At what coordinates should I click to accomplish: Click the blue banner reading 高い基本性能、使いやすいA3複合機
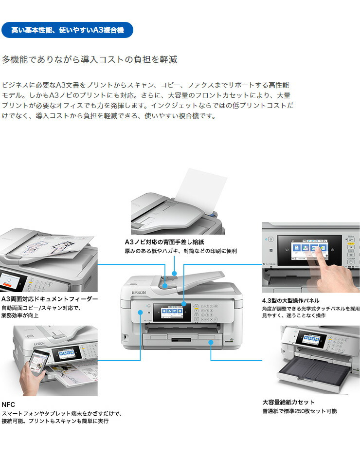[x=67, y=30]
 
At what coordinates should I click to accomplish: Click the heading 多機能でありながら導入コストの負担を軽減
[x=90, y=59]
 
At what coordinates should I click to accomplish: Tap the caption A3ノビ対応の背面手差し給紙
[x=164, y=242]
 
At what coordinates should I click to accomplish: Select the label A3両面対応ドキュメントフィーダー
[x=50, y=299]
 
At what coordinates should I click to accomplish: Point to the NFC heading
[x=8, y=405]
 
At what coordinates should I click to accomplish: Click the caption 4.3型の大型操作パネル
[x=290, y=300]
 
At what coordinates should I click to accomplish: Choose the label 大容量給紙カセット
[x=288, y=402]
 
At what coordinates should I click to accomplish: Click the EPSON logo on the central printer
[x=139, y=293]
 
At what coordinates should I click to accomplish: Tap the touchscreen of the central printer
[x=172, y=312]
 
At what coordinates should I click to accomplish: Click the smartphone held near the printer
[x=39, y=362]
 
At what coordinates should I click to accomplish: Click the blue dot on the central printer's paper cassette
[x=211, y=342]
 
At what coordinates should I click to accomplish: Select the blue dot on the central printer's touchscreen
[x=184, y=304]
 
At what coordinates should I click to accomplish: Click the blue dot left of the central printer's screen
[x=141, y=313]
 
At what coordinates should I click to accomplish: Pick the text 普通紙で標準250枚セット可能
[x=299, y=411]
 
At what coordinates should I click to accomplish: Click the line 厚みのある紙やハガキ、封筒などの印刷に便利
[x=181, y=251]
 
